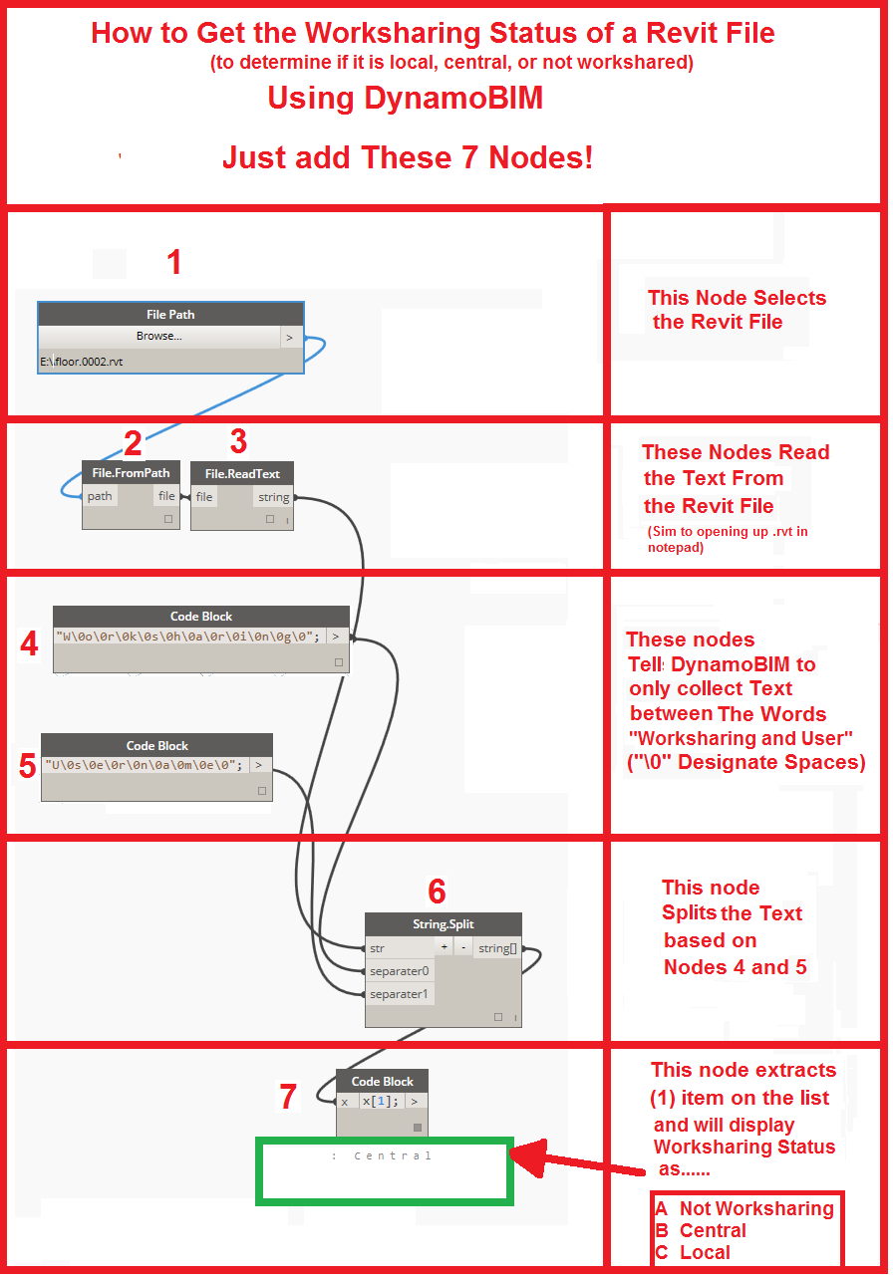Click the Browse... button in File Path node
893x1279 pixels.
[159, 337]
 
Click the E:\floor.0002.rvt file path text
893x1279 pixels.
[82, 362]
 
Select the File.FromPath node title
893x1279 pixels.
[131, 473]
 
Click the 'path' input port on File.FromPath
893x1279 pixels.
[100, 496]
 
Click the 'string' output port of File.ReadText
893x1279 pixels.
[273, 497]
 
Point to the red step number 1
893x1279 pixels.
[174, 263]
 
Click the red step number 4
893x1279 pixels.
[30, 644]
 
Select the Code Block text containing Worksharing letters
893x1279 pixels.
[187, 636]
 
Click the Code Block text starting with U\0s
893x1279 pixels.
[144, 765]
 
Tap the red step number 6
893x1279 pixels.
[437, 891]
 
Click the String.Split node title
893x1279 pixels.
[443, 924]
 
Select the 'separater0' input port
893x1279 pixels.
[399, 971]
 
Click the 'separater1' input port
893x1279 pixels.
[399, 994]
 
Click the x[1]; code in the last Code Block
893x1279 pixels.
[380, 1102]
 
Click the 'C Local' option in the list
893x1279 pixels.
[693, 1252]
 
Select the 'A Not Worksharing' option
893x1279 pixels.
[744, 1208]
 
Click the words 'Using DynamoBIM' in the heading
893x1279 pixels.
[405, 99]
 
